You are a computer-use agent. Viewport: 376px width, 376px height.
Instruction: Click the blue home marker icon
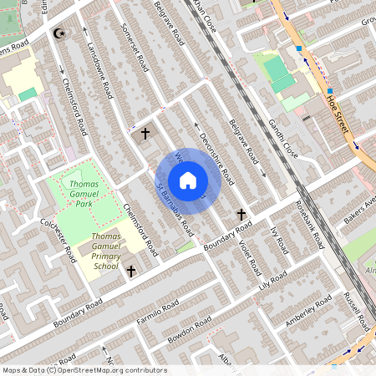point(188,180)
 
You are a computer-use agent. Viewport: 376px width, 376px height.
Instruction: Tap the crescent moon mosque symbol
point(58,33)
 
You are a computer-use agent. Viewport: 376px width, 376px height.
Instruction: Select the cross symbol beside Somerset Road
point(145,133)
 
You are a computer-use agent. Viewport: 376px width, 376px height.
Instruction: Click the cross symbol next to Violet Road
point(241,215)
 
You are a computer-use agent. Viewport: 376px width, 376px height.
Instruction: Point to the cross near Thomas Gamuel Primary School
point(131,271)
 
